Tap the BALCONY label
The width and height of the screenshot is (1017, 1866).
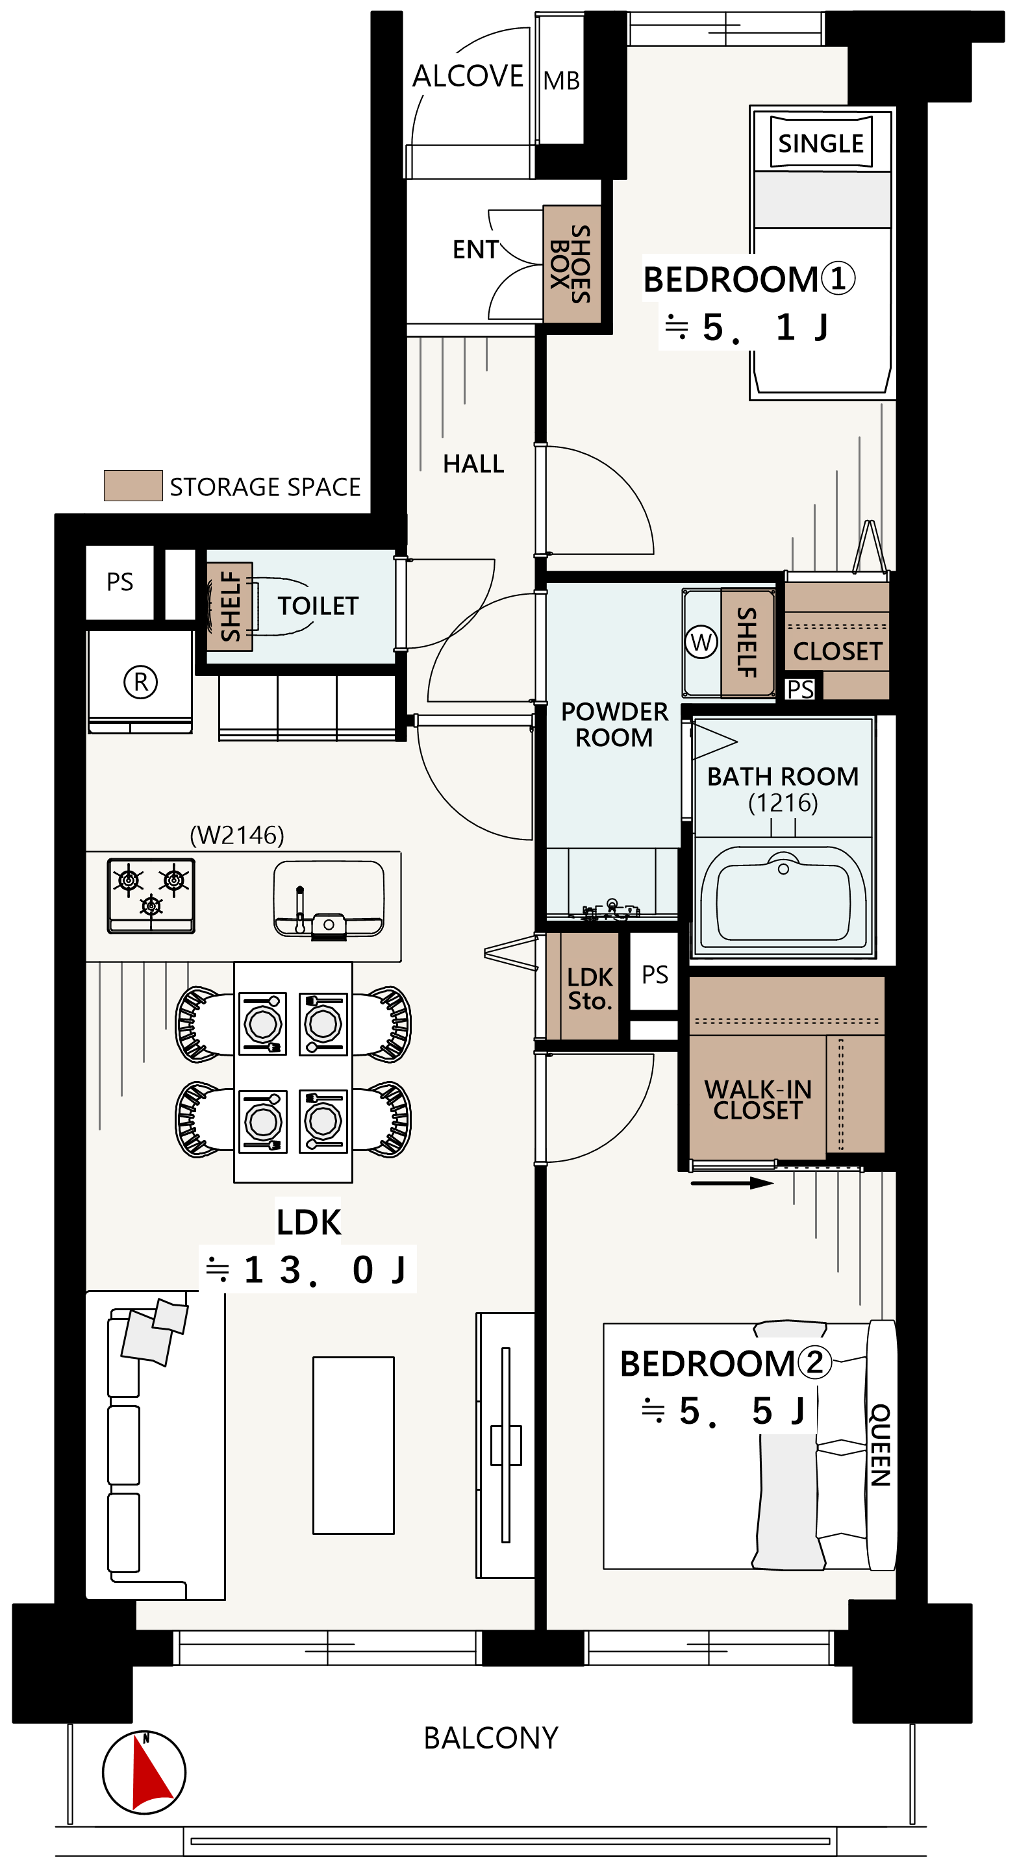tap(491, 1739)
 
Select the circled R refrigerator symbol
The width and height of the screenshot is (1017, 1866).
tap(140, 682)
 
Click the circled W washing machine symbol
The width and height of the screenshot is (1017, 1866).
tap(701, 641)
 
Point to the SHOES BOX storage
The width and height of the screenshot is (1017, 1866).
tap(572, 264)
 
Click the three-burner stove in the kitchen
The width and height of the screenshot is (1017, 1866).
tap(151, 895)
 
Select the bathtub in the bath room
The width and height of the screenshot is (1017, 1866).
tap(783, 897)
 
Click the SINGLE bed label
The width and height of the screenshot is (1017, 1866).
tap(821, 143)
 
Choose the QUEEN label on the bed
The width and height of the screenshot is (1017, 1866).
tap(880, 1445)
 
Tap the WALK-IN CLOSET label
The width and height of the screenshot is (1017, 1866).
tap(758, 1100)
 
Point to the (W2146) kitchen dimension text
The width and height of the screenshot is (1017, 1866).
tap(237, 835)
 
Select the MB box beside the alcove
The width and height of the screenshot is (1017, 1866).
tap(561, 80)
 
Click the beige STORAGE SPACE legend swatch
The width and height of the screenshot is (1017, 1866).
tap(133, 486)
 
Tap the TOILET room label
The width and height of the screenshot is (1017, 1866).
tap(318, 606)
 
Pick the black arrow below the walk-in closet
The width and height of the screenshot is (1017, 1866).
tap(733, 1183)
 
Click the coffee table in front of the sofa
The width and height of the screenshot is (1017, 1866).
tap(353, 1445)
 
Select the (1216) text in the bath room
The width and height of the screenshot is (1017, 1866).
tap(783, 802)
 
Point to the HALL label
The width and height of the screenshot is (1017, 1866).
tap(473, 464)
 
